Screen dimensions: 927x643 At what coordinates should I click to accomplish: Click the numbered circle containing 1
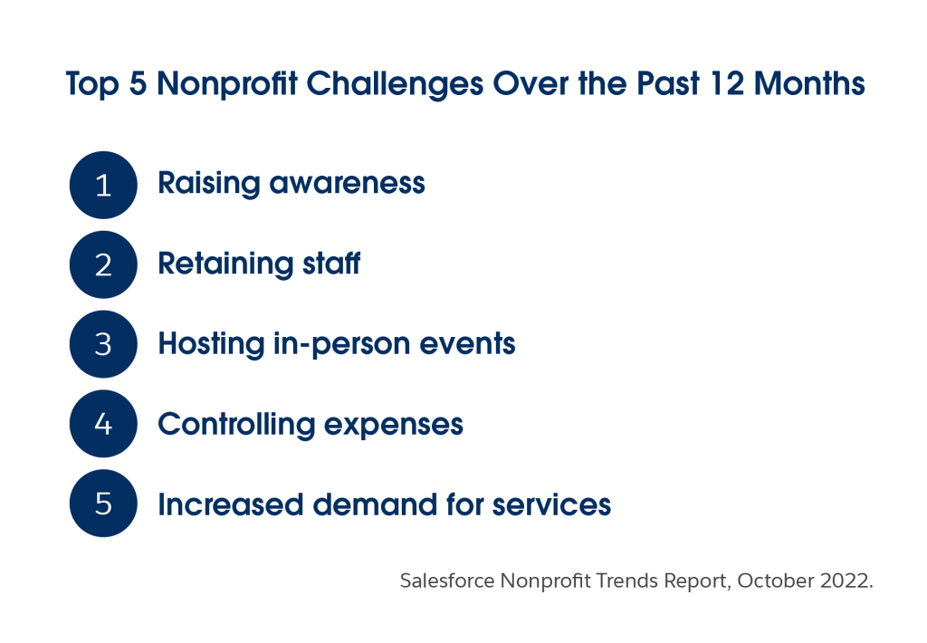[x=103, y=185]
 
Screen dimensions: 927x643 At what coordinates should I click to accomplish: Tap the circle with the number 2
[x=103, y=264]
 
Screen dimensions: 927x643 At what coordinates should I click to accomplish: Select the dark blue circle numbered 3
[x=103, y=344]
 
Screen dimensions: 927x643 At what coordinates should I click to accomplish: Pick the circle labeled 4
[x=103, y=424]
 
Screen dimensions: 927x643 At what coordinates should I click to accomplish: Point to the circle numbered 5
[x=103, y=504]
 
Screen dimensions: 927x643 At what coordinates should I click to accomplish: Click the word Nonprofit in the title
[x=227, y=83]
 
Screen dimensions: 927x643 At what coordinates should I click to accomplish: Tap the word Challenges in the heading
[x=395, y=84]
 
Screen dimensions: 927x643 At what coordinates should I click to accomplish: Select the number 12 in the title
[x=727, y=83]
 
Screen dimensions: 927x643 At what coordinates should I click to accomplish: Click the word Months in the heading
[x=809, y=83]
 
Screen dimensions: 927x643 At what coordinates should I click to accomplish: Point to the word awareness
[x=347, y=183]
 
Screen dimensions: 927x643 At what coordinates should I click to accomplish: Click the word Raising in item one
[x=209, y=183]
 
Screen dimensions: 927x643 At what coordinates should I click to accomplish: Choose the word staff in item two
[x=331, y=263]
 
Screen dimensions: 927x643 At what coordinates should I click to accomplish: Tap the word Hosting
[x=211, y=343]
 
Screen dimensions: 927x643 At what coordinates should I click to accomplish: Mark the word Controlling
[x=236, y=425]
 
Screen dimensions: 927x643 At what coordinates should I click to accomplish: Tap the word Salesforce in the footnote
[x=447, y=581]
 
